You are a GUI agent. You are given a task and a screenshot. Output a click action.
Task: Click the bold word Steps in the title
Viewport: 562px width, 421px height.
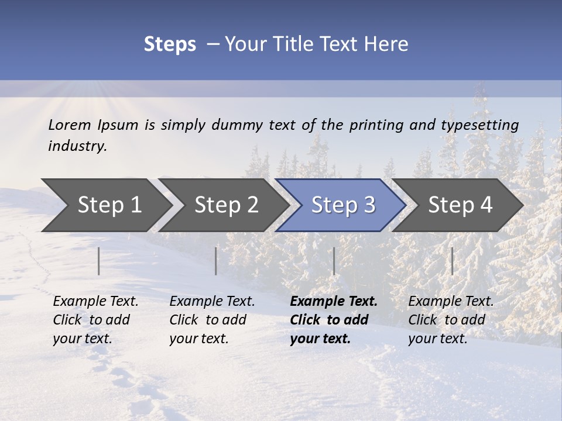coord(170,44)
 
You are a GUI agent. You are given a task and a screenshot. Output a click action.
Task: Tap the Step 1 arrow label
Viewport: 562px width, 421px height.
coord(109,205)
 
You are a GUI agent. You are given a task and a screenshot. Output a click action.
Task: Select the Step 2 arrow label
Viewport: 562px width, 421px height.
coord(227,205)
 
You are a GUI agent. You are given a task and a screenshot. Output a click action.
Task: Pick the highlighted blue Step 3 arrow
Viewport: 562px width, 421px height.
coord(343,205)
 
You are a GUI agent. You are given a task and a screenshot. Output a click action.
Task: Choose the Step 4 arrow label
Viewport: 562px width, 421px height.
coord(460,205)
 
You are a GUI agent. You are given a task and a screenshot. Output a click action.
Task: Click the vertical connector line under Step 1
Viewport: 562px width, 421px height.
coord(99,261)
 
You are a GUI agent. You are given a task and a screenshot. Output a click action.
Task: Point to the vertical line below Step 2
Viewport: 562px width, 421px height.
coord(216,261)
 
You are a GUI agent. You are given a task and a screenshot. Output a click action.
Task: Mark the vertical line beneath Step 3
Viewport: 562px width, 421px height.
coord(334,261)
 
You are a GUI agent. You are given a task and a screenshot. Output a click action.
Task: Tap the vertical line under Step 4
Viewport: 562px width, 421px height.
coord(452,261)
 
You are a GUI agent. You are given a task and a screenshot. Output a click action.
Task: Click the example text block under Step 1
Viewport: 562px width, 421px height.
coord(95,320)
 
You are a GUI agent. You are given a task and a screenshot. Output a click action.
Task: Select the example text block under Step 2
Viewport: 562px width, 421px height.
coord(212,320)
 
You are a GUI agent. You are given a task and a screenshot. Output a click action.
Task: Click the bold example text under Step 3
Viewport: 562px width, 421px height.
coord(333,320)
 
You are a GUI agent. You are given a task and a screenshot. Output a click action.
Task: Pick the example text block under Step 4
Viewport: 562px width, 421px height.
coord(451,320)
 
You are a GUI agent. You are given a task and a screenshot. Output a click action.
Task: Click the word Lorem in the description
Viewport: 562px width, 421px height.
coord(70,125)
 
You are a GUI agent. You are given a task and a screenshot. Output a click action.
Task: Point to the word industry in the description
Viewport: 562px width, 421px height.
coord(77,146)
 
